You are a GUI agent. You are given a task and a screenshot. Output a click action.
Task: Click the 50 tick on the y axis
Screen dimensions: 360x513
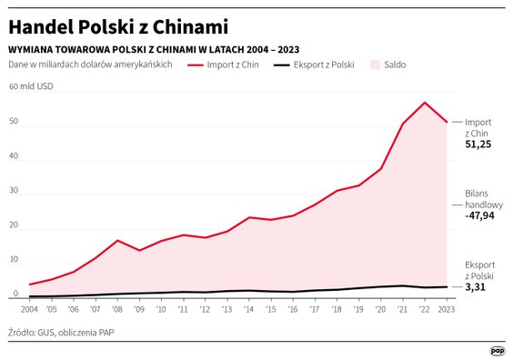pos(13,121)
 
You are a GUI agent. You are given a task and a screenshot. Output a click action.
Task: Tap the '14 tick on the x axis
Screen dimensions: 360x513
pos(249,309)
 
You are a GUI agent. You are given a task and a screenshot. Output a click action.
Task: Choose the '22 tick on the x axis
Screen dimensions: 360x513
pos(425,309)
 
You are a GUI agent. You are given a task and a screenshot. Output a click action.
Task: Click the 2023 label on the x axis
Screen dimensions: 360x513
pos(445,309)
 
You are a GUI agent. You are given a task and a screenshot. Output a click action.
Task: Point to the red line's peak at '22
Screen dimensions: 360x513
pos(425,103)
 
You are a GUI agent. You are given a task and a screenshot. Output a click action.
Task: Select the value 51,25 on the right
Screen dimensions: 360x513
pos(478,145)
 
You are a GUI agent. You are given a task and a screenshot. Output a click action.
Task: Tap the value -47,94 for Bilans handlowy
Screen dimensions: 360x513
pos(480,216)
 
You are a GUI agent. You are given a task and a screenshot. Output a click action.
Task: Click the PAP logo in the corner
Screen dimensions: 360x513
pos(497,350)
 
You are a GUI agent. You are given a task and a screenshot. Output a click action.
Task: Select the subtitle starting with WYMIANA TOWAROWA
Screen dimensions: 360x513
pos(154,48)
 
